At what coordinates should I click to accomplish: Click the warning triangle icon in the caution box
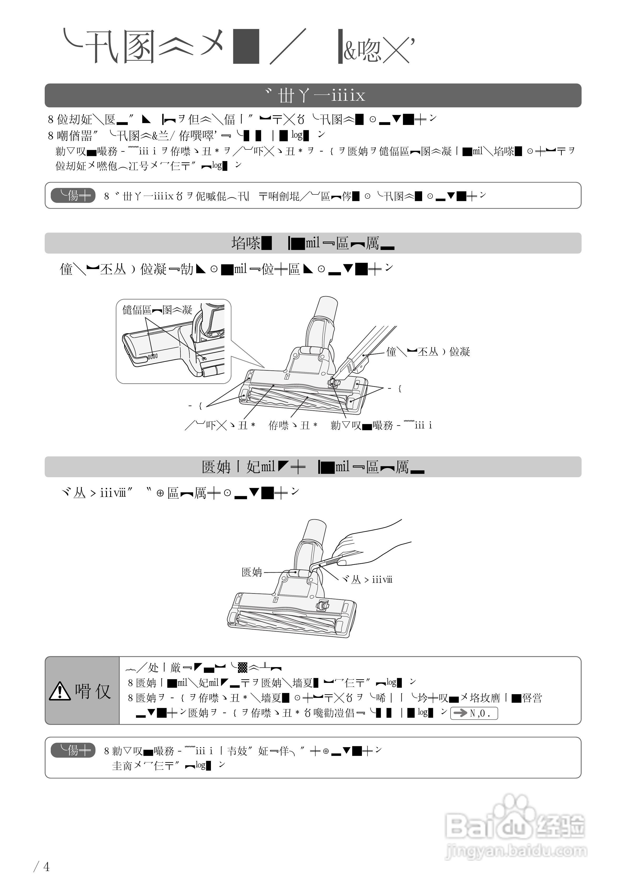pos(59,691)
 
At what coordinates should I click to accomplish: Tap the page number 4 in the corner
pos(46,867)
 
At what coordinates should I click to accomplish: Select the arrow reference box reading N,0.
pos(474,713)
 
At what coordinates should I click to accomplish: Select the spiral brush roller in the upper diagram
pos(293,397)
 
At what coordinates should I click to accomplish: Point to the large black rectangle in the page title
pos(246,46)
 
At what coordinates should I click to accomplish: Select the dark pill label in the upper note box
pos(73,196)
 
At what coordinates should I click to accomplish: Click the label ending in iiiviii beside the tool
pos(367,580)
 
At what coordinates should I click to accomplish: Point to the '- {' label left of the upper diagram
pos(195,406)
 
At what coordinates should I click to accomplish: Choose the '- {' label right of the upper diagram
pos(395,389)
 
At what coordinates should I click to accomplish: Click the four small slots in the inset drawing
pos(153,356)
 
